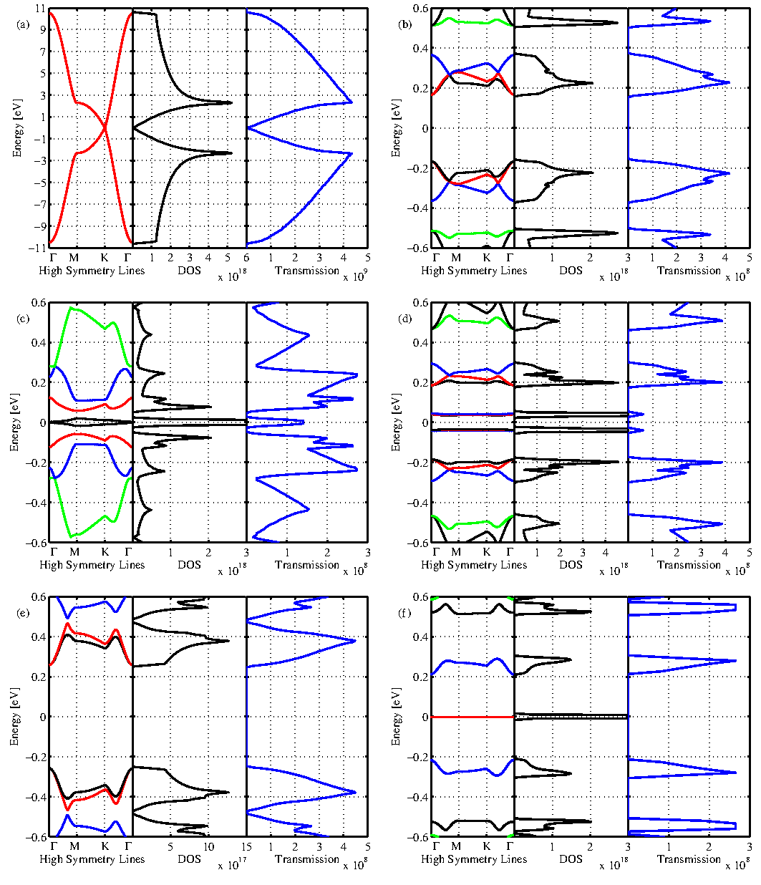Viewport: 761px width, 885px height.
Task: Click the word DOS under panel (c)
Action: click(x=189, y=565)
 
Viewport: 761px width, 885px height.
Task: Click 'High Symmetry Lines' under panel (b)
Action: click(x=474, y=271)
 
